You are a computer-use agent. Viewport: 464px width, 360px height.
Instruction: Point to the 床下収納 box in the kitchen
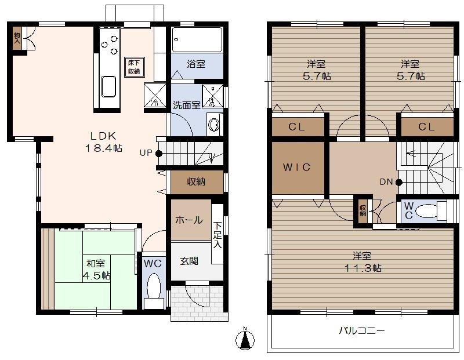134,66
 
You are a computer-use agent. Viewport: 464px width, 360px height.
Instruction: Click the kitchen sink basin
109,88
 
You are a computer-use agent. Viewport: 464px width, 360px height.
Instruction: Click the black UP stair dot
158,154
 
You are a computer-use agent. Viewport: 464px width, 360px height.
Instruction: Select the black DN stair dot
398,182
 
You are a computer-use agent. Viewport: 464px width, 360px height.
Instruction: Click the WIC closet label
298,168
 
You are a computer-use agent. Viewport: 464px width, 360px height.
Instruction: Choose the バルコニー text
362,331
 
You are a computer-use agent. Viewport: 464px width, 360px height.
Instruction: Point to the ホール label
188,220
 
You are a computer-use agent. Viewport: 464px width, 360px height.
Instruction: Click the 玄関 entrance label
188,261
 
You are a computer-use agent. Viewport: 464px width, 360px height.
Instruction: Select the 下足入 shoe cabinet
217,235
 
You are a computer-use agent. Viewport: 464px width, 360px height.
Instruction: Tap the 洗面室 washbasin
213,125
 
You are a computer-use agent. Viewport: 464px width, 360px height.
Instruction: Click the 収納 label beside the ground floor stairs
196,183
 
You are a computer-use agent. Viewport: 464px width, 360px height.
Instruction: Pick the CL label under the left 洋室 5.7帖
297,128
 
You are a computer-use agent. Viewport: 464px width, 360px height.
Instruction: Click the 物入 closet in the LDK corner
17,39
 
